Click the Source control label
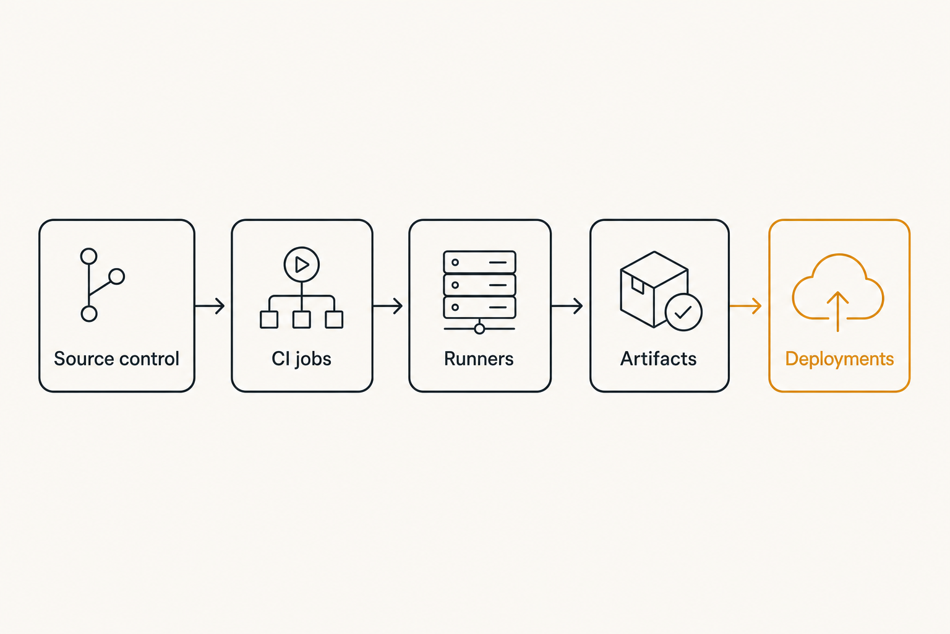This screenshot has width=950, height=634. click(117, 359)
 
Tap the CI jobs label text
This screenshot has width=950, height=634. click(302, 360)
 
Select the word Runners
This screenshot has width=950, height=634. click(479, 359)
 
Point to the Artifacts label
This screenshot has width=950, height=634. click(659, 359)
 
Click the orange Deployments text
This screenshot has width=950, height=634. click(840, 360)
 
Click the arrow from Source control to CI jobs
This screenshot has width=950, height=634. click(210, 306)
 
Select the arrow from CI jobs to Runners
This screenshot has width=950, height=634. click(388, 306)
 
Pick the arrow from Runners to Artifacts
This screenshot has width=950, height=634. click(567, 306)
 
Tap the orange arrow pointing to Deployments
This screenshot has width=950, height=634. click(745, 306)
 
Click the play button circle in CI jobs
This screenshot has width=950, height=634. click(302, 248)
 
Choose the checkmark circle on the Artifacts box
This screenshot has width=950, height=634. click(683, 294)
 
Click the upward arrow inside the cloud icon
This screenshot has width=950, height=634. click(837, 311)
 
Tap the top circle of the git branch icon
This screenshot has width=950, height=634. click(88, 249)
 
